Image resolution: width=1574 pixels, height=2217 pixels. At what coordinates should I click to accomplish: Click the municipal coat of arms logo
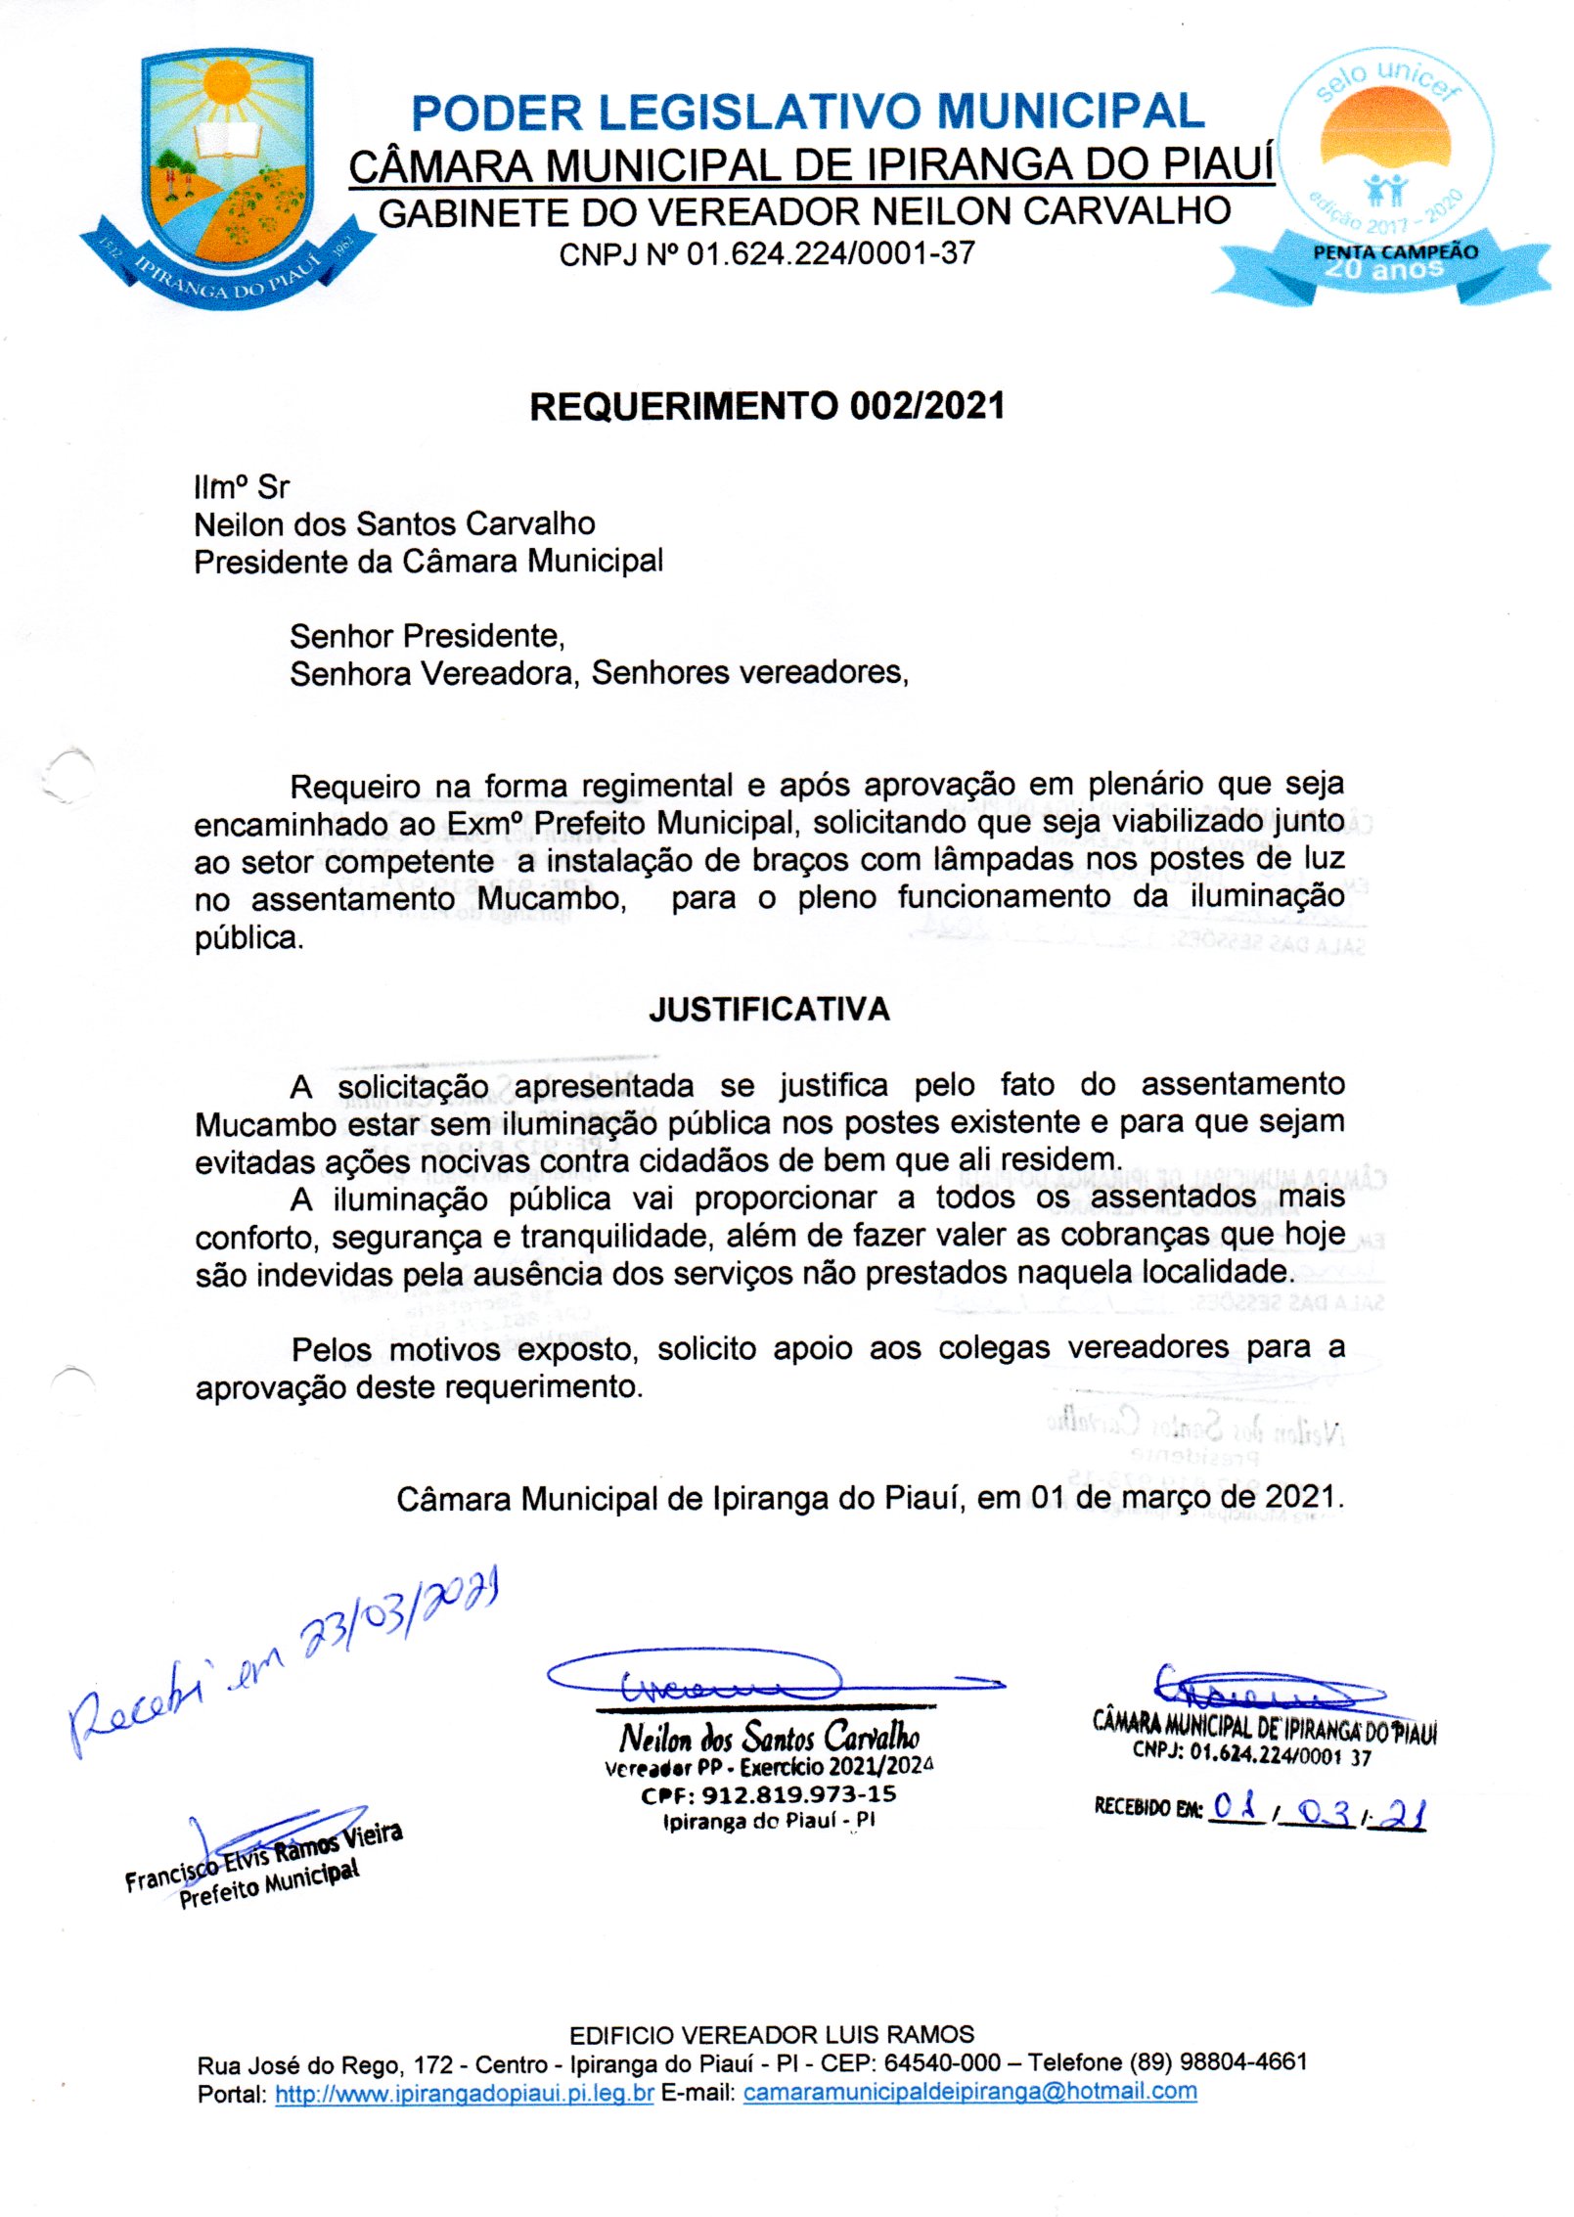tap(226, 176)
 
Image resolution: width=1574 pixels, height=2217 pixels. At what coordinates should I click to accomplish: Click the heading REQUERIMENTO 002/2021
tap(767, 406)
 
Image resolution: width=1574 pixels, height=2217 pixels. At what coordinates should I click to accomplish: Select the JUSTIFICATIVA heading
tap(769, 1010)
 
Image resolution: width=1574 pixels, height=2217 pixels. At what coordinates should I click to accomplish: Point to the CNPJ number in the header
tap(767, 254)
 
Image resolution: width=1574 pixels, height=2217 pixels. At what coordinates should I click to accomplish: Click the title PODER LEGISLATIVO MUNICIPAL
tap(807, 113)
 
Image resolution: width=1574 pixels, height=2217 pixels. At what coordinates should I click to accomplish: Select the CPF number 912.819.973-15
tap(769, 1794)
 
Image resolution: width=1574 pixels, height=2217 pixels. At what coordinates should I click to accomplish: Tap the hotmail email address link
tap(969, 2092)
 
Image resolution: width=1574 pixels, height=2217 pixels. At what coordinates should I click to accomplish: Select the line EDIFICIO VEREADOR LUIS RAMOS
tap(772, 2035)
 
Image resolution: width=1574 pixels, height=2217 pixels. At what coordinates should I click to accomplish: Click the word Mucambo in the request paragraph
tap(552, 897)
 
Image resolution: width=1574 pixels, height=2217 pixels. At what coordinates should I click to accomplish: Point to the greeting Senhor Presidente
tap(427, 636)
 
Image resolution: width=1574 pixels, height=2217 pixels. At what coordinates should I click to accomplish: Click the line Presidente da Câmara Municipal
tap(428, 562)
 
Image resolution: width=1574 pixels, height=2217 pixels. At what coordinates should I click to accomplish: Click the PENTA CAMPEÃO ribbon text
tap(1395, 251)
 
